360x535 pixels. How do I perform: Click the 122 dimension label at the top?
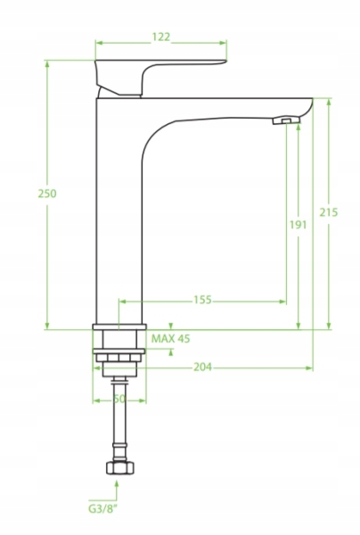click(x=160, y=37)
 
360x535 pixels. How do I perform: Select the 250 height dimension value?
click(x=47, y=193)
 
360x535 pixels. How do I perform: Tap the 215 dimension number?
click(x=329, y=212)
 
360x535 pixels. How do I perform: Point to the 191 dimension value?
click(x=299, y=225)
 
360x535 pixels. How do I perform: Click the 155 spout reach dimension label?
click(x=202, y=300)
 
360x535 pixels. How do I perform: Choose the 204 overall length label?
click(x=202, y=366)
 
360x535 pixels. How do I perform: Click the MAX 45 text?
click(x=170, y=339)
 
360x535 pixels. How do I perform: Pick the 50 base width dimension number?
click(x=119, y=399)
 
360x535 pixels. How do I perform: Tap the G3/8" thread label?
click(x=102, y=509)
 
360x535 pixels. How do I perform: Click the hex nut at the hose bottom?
click(x=120, y=467)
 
